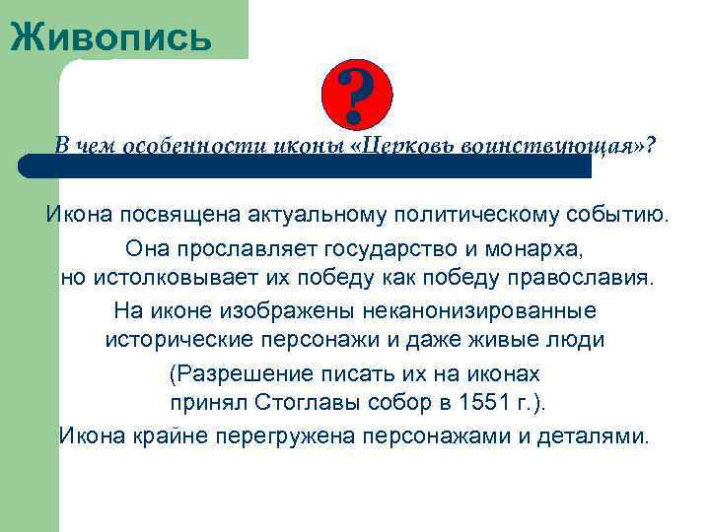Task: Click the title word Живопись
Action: click(110, 36)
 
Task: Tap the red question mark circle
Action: click(357, 95)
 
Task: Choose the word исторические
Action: click(184, 341)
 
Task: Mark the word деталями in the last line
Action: click(597, 435)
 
